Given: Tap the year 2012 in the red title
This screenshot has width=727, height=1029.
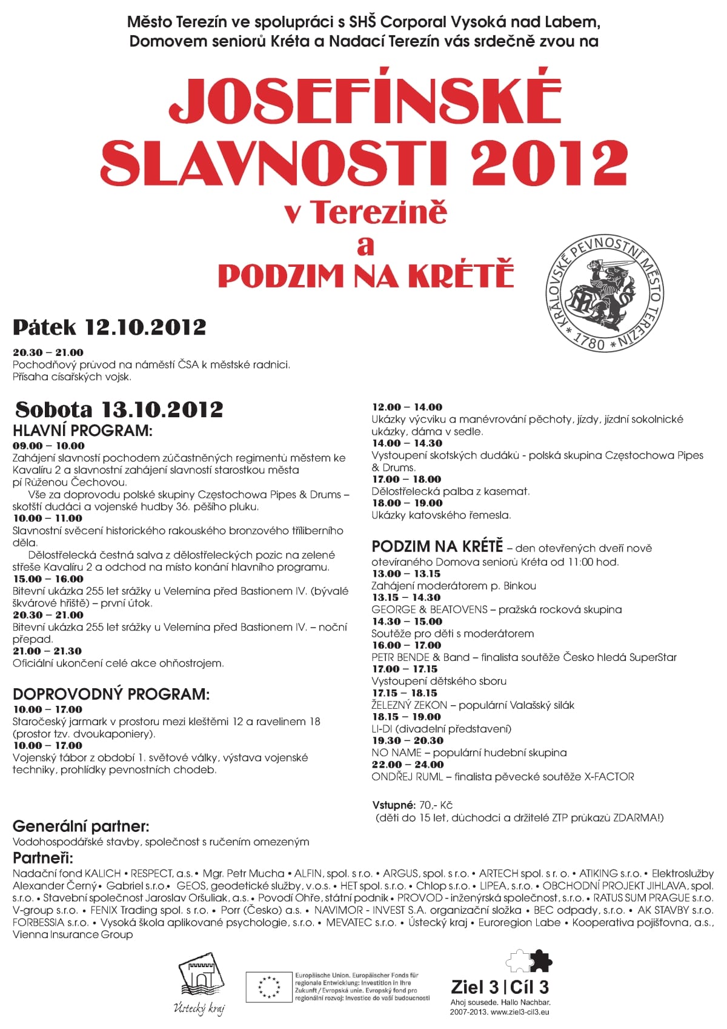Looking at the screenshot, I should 548,162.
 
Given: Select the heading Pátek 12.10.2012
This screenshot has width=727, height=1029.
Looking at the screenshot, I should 110,327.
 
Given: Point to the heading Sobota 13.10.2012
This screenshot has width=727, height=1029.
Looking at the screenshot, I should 119,409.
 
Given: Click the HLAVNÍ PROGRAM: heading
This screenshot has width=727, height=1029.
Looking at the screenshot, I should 82,431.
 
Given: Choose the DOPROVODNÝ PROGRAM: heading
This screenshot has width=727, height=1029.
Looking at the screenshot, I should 111,694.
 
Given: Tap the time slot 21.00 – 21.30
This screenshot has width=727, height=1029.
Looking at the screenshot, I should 47,651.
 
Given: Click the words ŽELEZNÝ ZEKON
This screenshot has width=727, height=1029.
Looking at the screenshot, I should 409,705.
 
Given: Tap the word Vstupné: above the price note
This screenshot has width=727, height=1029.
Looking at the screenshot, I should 393,805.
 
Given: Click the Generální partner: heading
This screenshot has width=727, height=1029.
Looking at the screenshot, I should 81,826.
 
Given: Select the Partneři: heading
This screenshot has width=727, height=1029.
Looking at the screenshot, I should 43,858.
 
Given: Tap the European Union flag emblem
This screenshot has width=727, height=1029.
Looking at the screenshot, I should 268,987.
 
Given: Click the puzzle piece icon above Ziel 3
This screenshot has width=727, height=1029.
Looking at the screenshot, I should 529,960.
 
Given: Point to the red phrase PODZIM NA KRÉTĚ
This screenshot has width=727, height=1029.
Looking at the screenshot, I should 365,275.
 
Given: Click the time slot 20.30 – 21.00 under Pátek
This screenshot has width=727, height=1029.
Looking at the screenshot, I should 48,352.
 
